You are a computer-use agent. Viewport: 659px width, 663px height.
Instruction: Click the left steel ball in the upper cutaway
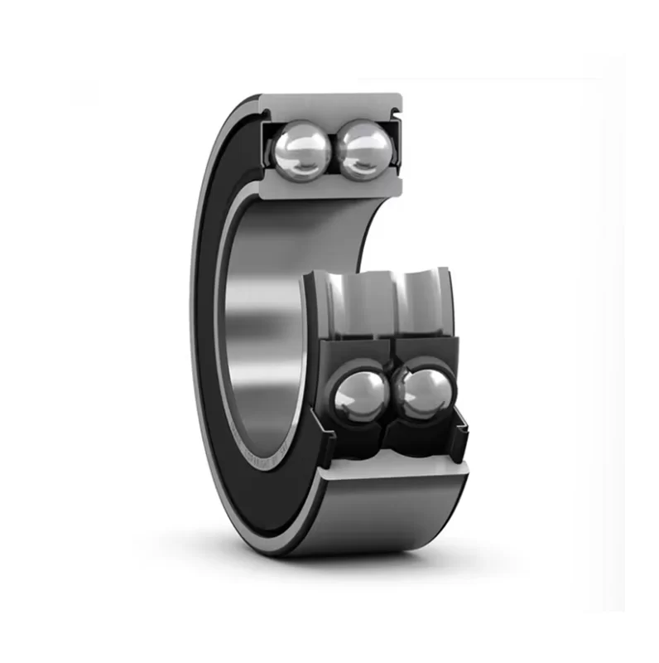pos(300,149)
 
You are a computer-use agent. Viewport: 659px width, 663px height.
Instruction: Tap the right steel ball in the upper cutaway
pos(364,149)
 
